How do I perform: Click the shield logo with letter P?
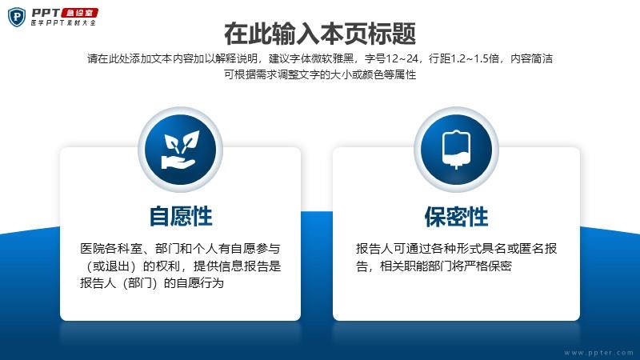[x=17, y=17]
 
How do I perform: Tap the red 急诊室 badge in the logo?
[x=79, y=13]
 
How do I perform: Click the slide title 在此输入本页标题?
[x=320, y=34]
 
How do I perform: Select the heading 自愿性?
[x=181, y=216]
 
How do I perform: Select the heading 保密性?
[x=456, y=216]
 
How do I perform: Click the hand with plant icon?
[x=181, y=150]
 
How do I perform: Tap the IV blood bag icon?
[x=456, y=150]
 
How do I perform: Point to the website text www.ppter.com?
[x=598, y=353]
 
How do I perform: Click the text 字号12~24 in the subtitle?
[x=391, y=58]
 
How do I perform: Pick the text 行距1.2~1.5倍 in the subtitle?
[x=464, y=58]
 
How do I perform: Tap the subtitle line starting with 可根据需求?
[x=320, y=74]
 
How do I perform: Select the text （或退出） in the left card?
[x=111, y=266]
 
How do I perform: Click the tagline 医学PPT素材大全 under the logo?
[x=63, y=23]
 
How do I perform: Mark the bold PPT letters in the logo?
[x=46, y=13]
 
